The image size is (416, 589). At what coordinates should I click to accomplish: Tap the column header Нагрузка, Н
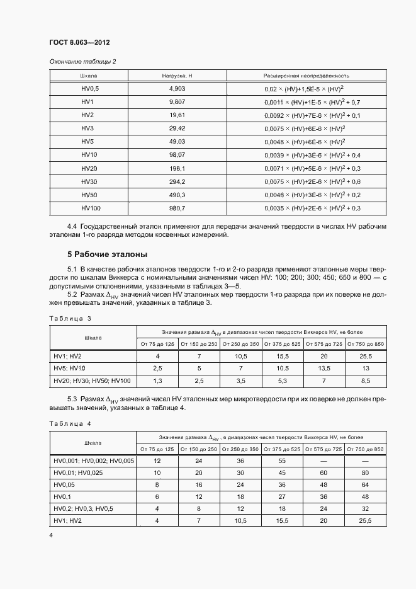pos(176,76)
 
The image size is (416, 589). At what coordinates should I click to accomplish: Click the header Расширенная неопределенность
pos(306,76)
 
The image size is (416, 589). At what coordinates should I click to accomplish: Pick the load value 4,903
pos(176,89)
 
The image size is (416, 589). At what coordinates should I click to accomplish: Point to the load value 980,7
pos(176,208)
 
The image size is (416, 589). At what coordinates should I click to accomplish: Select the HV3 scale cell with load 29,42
pos(87,129)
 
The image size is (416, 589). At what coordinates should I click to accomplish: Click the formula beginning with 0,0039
pos(312,155)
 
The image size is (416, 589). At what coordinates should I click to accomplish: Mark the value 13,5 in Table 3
pos(325,369)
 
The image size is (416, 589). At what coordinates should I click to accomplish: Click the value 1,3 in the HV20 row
pos(158,380)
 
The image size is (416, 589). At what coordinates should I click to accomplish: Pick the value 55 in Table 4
pos(283,461)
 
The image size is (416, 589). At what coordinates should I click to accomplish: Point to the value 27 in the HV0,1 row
pos(283,496)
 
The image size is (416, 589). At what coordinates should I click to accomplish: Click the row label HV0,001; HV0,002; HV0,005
pos(94,461)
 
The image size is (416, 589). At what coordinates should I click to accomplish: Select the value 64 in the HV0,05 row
pos(366,485)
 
